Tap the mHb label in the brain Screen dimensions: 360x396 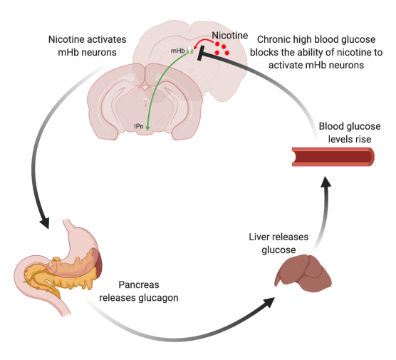tap(178, 51)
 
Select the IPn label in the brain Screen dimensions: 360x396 tap(140, 126)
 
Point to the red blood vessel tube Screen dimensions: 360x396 tap(331, 155)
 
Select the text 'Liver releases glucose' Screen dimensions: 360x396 tap(285, 242)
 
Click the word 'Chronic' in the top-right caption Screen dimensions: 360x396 tap(273, 38)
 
